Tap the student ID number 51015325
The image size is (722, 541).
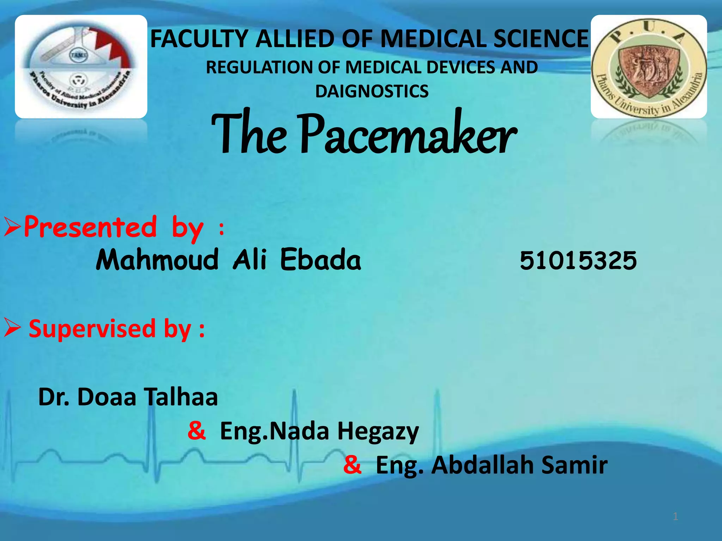point(578,261)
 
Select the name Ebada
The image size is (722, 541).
point(320,260)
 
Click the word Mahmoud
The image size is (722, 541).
point(157,260)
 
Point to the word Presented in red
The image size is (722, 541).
point(90,227)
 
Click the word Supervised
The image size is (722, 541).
point(92,329)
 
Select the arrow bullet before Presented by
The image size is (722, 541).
point(13,228)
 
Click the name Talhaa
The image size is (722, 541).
point(182,397)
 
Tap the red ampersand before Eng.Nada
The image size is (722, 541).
point(197,430)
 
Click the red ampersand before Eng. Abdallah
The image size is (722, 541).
point(352,465)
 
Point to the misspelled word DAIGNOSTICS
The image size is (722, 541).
point(372,91)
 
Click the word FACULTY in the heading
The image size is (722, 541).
point(200,39)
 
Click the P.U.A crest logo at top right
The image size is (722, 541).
point(649,67)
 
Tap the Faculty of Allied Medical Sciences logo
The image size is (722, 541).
point(81,67)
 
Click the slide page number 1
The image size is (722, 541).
point(675,517)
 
